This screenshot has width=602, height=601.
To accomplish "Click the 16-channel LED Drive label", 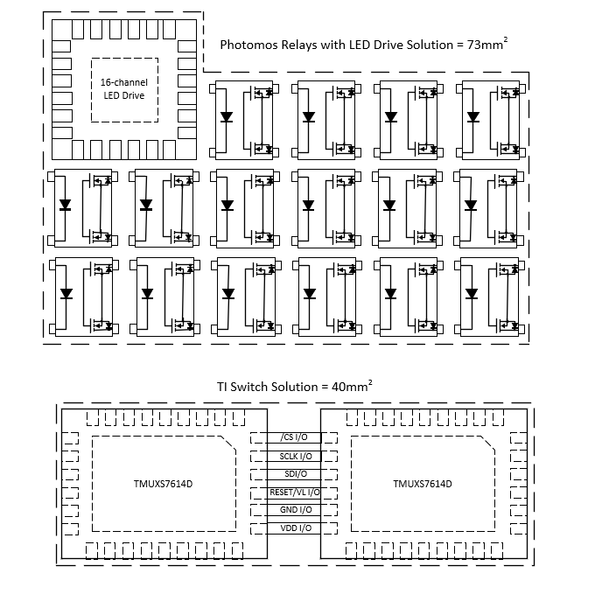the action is click(x=124, y=88).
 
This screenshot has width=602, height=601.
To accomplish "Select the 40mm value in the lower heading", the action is click(x=352, y=386).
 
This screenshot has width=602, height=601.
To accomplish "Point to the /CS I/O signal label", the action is click(x=294, y=437).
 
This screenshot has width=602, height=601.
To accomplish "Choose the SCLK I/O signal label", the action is click(x=296, y=457).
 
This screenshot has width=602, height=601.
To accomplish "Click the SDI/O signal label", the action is click(x=296, y=474).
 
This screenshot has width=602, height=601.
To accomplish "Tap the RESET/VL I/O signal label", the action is click(x=295, y=492).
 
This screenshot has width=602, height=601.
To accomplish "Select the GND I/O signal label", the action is click(x=296, y=510).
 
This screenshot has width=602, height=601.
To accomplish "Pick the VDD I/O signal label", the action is click(x=296, y=528).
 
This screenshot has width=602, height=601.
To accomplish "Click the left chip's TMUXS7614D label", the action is click(x=163, y=484).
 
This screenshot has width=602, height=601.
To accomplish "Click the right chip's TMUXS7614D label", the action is click(x=423, y=484).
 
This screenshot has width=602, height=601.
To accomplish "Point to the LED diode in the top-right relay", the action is click(x=473, y=116).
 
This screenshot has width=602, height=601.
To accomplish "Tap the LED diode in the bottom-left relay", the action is click(x=66, y=294).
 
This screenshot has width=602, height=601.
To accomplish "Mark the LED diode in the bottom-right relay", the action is click(x=472, y=294).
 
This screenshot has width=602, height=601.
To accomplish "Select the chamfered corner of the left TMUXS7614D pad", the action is click(x=228, y=443).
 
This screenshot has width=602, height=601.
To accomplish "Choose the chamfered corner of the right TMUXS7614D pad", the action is click(x=487, y=443).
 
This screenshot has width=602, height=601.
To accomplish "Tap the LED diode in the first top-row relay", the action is click(x=227, y=116).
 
